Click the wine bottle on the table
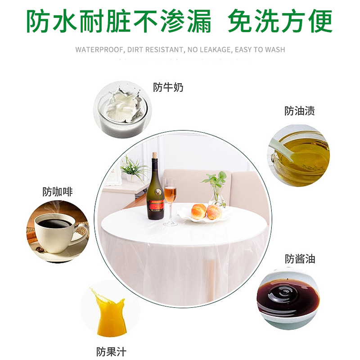pos(155,193)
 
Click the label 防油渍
pos(299,111)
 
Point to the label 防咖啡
pos(58,192)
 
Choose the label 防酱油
pos(300,259)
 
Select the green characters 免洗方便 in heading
pos(280,20)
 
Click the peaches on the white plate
pos(206,211)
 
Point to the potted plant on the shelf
pos(133,169)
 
